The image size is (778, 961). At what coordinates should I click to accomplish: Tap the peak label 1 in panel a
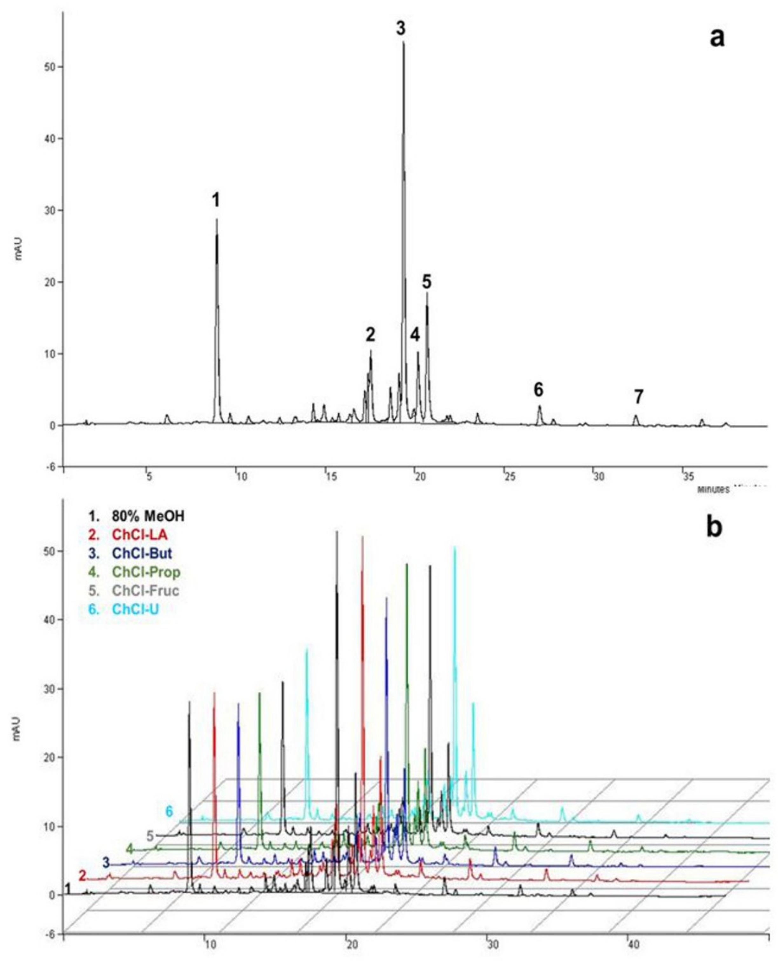tap(216, 200)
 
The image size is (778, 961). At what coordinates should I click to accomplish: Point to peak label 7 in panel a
tap(638, 396)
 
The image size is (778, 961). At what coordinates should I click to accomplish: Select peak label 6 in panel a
tap(538, 390)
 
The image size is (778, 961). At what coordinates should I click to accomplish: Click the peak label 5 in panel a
tap(427, 282)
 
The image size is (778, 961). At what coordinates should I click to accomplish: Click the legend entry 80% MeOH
tap(137, 516)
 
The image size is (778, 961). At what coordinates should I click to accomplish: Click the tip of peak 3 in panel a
tap(403, 42)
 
